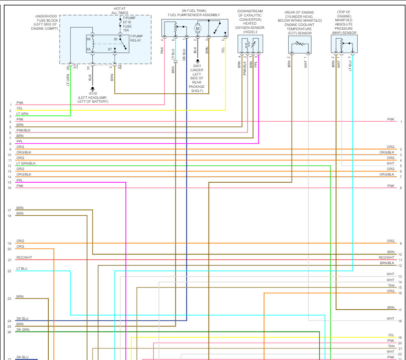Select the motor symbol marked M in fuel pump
point(197,29)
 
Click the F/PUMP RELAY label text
point(136,38)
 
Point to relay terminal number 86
point(89,39)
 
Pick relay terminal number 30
point(115,39)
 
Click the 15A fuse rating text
point(126,30)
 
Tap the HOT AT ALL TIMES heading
point(120,11)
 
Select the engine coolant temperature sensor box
point(300,44)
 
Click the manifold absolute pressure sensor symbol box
point(344,44)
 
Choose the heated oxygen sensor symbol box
point(250,44)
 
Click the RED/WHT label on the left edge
point(24,257)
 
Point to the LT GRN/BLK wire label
point(26,163)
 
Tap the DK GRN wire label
point(23,329)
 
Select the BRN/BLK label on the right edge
point(387,263)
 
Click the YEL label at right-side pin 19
point(391,335)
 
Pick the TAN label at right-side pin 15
point(391,285)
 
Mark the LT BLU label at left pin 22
point(22,268)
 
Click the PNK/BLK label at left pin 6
point(24,130)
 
